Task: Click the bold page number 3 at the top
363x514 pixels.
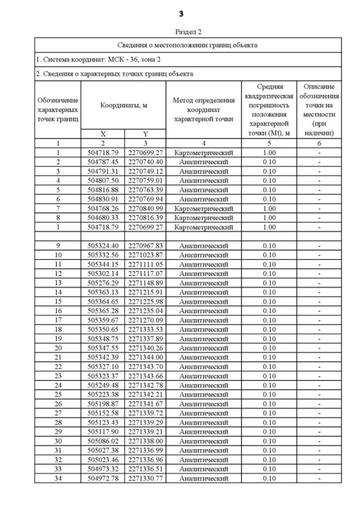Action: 181,13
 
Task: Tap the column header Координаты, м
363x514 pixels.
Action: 123,105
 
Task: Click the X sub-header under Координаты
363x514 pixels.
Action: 103,134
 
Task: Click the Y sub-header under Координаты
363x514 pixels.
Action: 145,134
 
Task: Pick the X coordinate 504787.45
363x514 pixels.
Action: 103,162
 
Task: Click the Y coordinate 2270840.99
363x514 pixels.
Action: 145,208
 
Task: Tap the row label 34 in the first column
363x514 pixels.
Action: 58,478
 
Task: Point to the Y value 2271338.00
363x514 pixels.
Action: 145,441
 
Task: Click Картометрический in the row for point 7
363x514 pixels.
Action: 203,208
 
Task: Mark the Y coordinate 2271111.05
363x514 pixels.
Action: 145,264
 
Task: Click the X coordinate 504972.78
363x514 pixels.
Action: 103,478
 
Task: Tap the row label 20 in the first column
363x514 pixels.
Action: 58,348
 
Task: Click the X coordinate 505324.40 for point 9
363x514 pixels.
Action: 103,245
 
